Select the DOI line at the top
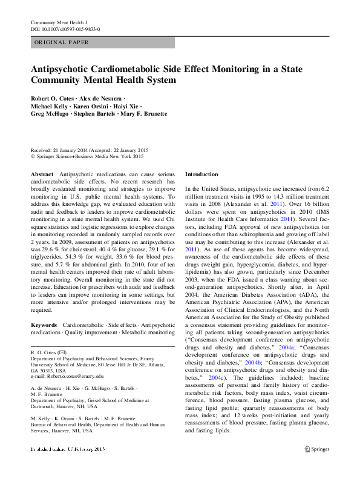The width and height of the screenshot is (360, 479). (65, 29)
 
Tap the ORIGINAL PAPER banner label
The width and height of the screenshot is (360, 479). (62, 42)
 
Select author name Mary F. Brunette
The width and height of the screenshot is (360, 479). (145, 113)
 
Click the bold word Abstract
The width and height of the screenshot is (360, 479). (42, 174)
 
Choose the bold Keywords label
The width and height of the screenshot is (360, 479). (44, 325)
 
